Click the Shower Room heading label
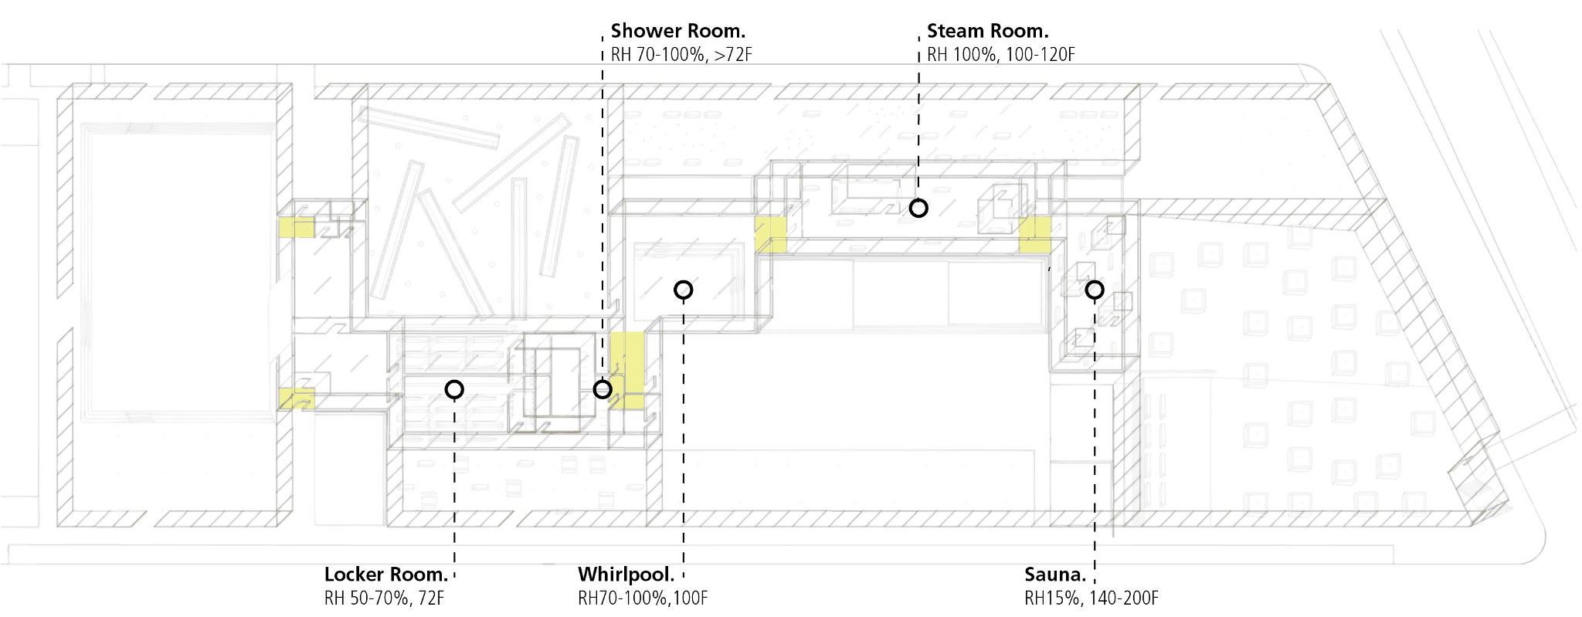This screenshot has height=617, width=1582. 677,31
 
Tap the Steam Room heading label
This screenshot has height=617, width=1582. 987,31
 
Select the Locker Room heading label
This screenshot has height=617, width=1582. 386,575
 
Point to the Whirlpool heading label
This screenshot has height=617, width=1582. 626,575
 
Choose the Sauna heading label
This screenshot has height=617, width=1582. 1055,575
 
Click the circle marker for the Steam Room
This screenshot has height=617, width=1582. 918,208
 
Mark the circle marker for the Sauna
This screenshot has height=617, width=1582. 1094,290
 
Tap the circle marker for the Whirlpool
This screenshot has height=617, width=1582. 683,290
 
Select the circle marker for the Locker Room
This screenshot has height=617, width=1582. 454,389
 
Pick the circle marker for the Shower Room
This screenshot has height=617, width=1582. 603,389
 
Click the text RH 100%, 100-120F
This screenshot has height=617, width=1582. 1000,55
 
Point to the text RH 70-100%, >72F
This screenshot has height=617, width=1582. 681,55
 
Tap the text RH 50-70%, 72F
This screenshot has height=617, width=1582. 384,598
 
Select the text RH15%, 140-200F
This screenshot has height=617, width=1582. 1091,598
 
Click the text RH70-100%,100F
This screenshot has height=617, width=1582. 643,598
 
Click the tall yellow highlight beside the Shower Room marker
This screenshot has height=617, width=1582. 628,369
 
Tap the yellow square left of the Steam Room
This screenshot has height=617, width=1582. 771,234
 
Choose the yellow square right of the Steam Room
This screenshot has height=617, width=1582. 1034,235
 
